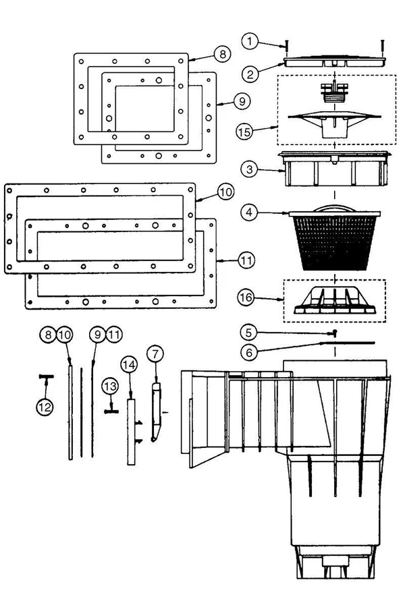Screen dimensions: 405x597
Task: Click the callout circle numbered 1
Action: [250, 40]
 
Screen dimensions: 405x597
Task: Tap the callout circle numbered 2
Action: [250, 74]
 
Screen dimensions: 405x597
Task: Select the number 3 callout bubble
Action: [249, 169]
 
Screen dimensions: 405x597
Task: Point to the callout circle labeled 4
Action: [249, 212]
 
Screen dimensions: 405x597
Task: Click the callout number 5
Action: [248, 333]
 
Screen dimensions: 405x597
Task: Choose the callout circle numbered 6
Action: [249, 353]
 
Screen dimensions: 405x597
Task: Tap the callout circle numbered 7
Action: [155, 354]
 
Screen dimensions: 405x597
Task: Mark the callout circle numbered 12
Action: [45, 407]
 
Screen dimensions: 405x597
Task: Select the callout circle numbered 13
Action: [110, 387]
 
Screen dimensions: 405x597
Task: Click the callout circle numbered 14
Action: [129, 365]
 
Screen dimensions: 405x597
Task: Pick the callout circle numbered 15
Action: [244, 132]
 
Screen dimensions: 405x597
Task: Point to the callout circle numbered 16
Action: [246, 297]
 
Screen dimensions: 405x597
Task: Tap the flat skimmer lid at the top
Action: [335, 63]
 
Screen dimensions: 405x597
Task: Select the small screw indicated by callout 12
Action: [46, 377]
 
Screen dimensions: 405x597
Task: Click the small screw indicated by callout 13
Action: [111, 411]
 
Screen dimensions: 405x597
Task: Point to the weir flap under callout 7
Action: [156, 412]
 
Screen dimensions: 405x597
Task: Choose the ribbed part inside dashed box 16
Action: [335, 301]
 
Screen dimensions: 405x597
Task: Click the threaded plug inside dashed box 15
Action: [334, 94]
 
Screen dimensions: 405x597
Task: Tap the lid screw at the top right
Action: [382, 48]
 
